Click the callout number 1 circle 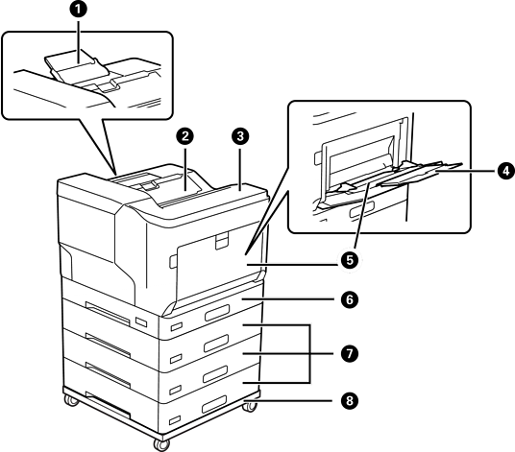click(78, 10)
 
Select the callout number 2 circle click(185, 136)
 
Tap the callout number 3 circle click(240, 136)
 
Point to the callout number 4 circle click(505, 171)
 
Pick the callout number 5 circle click(350, 260)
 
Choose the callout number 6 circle click(350, 299)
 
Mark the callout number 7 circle click(350, 353)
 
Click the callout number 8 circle click(350, 400)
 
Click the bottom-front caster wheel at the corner click(161, 444)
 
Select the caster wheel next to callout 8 click(250, 406)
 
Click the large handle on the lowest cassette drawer click(214, 404)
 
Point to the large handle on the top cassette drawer click(216, 313)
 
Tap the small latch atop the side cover click(222, 240)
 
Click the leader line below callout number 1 click(78, 41)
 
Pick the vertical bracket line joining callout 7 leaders click(310, 353)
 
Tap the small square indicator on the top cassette click(176, 326)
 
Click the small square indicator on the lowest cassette click(175, 420)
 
